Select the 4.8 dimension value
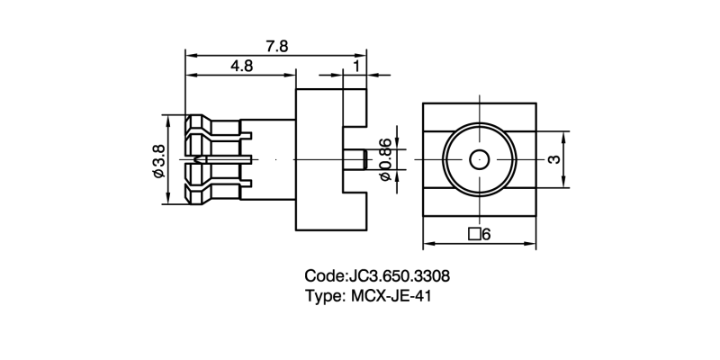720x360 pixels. [240, 67]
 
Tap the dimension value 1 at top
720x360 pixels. [357, 66]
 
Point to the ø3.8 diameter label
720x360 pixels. [158, 160]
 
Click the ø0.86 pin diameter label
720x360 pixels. [385, 160]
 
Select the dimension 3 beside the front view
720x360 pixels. [555, 159]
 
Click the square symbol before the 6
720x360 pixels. [473, 235]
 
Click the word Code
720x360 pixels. [324, 275]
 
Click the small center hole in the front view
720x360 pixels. [479, 160]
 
